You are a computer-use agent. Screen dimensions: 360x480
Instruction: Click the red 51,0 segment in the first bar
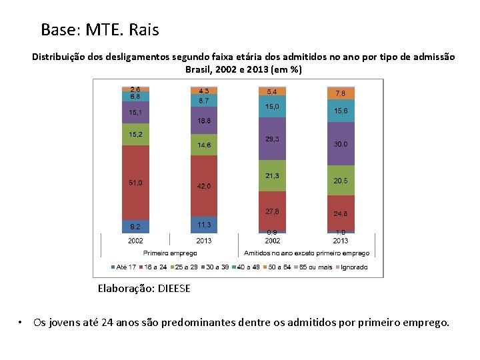(135, 182)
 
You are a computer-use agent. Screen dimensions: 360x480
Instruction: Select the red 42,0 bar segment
(203, 186)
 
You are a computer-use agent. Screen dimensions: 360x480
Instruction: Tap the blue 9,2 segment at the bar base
(135, 226)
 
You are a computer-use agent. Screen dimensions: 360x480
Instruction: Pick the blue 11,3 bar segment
(203, 225)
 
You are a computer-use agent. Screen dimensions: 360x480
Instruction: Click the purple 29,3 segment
(272, 139)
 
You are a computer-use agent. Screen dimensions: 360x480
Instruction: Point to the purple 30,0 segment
(341, 143)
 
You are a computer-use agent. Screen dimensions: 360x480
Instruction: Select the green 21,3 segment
(272, 175)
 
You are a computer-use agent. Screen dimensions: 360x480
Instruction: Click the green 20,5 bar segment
(341, 181)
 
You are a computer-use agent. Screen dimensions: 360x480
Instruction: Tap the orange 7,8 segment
(341, 93)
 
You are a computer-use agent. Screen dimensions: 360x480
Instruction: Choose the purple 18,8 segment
(203, 121)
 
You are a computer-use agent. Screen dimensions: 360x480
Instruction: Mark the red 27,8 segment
(272, 211)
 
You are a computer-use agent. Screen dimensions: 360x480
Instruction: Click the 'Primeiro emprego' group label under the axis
(169, 253)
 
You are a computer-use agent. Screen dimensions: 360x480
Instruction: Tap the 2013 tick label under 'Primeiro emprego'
(203, 241)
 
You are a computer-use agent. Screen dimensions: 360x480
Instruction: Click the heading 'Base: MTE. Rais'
(100, 30)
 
